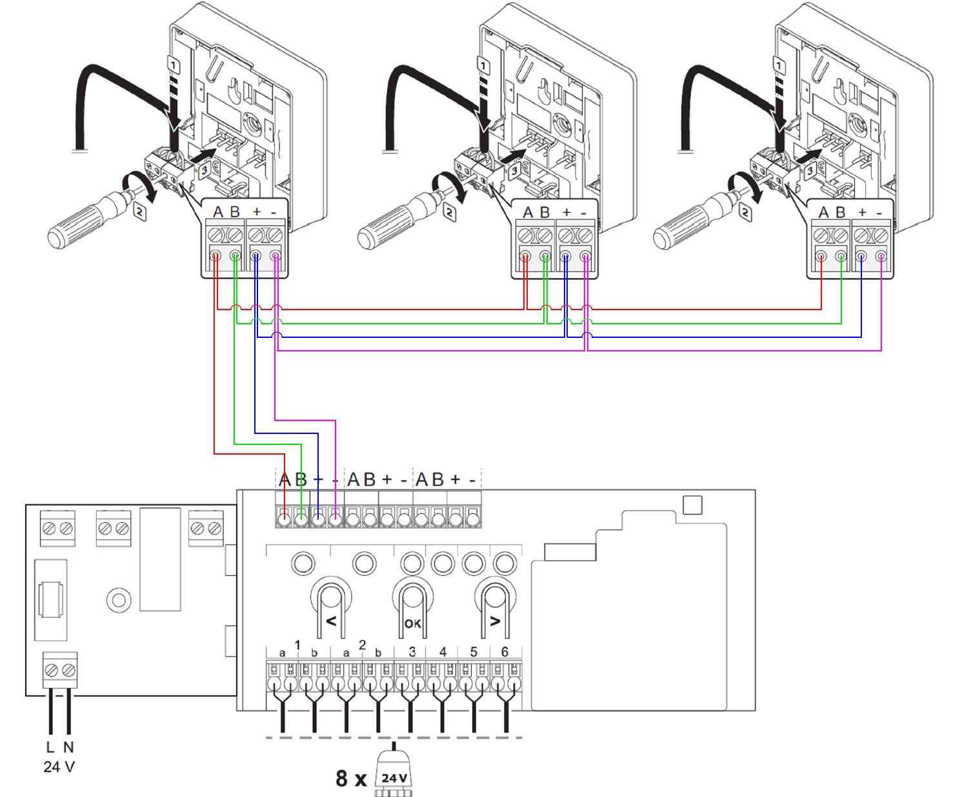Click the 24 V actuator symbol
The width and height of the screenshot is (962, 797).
[x=394, y=778]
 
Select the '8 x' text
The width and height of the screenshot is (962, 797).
[x=351, y=778]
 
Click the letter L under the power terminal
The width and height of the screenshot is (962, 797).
[x=50, y=747]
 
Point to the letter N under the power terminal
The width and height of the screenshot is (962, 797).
[x=68, y=747]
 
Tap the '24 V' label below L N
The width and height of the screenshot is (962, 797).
[x=59, y=767]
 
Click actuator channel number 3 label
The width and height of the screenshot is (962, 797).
[x=412, y=652]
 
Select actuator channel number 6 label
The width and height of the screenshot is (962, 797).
[x=505, y=652]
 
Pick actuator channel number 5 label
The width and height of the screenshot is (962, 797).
[x=474, y=652]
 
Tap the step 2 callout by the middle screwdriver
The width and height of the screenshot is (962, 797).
[x=449, y=211]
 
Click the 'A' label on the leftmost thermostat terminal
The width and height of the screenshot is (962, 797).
[x=218, y=212]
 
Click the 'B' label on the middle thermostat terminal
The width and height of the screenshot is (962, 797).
[x=545, y=212]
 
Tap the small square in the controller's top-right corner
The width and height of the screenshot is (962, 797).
[x=692, y=505]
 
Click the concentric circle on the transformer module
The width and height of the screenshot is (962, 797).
[x=119, y=601]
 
